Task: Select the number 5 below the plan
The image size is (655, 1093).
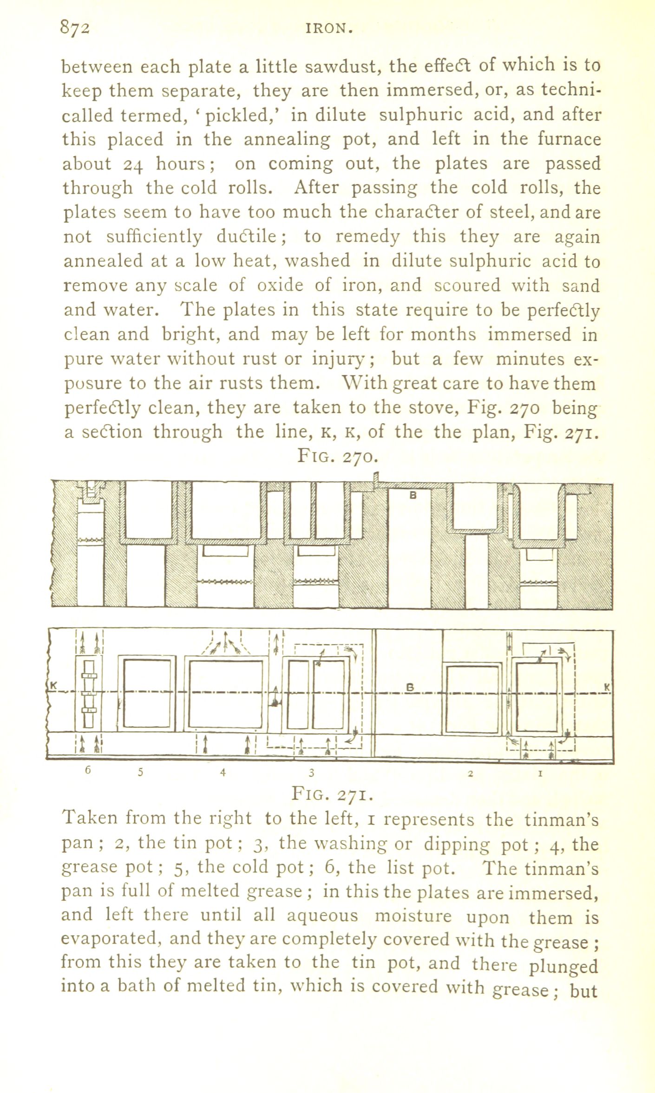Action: (141, 772)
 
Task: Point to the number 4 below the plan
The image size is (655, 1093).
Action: (223, 772)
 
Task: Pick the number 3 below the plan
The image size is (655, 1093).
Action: (312, 772)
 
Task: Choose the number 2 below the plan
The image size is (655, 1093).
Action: (470, 773)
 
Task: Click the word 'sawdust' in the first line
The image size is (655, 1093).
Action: (344, 67)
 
